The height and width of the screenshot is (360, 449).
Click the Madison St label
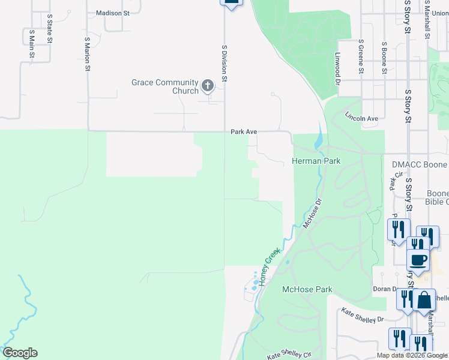(113, 13)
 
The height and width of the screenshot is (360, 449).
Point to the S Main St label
(31, 43)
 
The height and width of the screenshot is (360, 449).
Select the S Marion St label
(88, 53)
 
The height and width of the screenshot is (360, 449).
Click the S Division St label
(224, 62)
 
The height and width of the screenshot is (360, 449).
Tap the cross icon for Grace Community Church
(208, 86)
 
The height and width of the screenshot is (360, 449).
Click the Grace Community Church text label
(164, 86)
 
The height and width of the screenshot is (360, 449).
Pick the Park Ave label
(244, 131)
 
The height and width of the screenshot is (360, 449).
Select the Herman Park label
(316, 161)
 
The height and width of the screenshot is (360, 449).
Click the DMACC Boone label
(419, 164)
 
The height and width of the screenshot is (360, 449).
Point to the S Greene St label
(361, 57)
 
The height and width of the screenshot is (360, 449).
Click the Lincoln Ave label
(362, 118)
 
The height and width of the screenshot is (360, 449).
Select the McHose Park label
(307, 290)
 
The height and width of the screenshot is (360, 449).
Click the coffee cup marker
(418, 260)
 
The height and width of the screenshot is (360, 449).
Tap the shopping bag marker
(424, 300)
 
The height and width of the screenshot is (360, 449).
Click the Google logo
(20, 353)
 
